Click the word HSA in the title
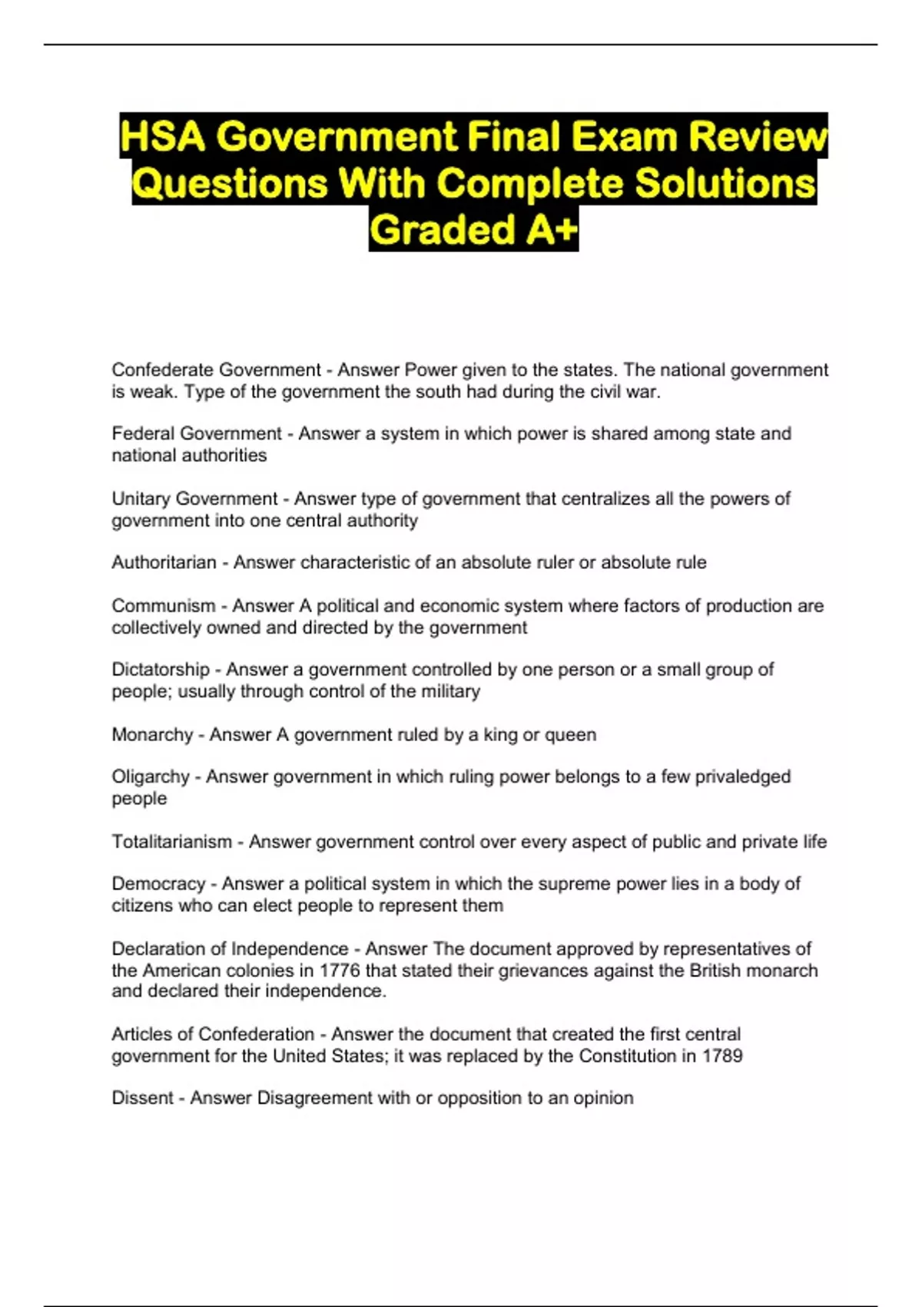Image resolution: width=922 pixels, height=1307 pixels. coord(164,138)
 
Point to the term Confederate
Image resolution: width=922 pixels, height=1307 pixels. coord(162,370)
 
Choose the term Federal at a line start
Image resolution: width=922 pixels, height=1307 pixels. coord(139,434)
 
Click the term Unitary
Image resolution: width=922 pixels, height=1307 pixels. coord(141,499)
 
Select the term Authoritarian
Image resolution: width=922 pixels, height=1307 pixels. coord(164,563)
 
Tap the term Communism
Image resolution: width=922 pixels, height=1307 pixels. coord(163,606)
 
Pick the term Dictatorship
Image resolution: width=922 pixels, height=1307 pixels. coord(160,670)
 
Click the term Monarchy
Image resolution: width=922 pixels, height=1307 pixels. coord(152,735)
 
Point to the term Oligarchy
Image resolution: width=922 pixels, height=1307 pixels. coord(150,777)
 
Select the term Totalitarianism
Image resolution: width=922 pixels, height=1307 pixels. coord(171,842)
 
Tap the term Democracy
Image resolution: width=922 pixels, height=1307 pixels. coord(158,884)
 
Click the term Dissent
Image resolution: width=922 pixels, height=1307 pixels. coord(142,1098)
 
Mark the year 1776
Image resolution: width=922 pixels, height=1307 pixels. coord(339,970)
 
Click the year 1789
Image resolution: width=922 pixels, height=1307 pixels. coord(722,1056)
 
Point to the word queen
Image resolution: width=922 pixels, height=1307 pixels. coord(570,735)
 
